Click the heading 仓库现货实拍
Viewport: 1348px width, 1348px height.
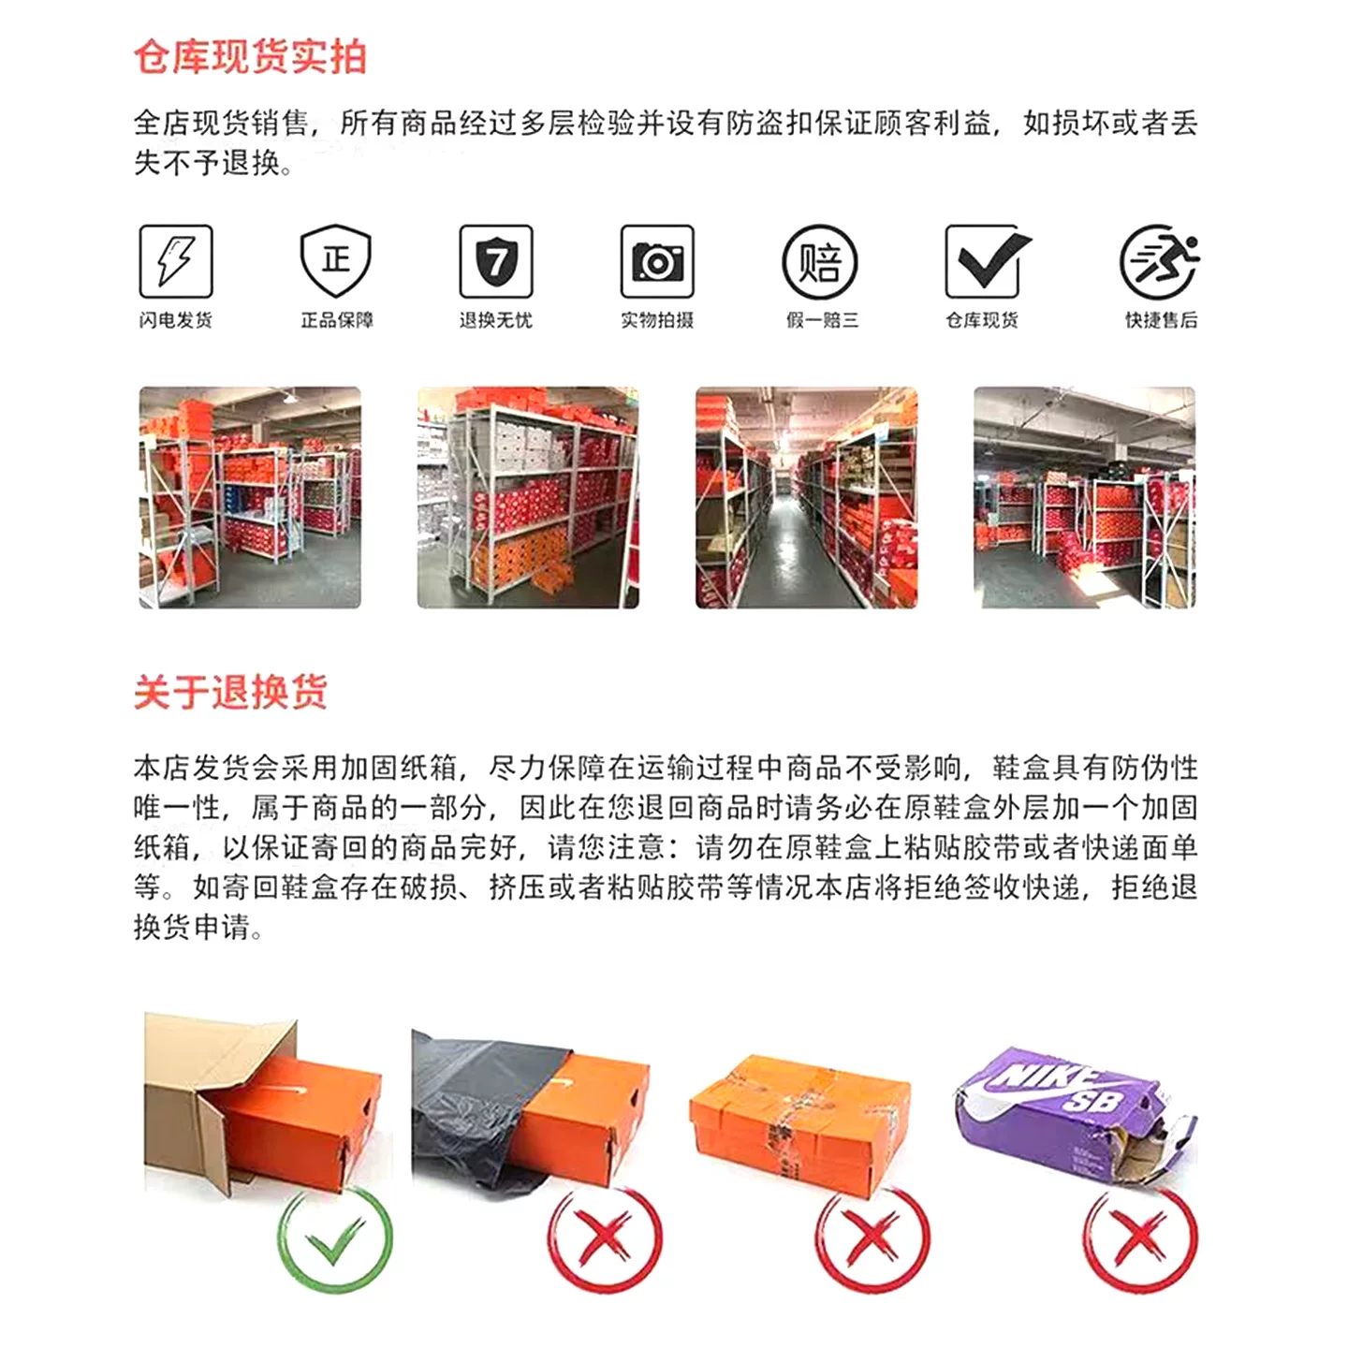click(x=251, y=57)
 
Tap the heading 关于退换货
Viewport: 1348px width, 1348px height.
click(x=231, y=692)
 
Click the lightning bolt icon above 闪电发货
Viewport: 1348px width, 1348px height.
click(x=176, y=261)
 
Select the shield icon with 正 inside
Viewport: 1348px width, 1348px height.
click(x=336, y=261)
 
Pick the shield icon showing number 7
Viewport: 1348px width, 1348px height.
click(x=496, y=261)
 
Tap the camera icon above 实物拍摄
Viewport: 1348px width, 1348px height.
click(x=657, y=261)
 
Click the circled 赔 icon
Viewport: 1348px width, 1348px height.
click(x=820, y=262)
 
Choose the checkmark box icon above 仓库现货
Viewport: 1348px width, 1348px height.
click(x=987, y=261)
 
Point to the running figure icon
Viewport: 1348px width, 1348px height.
click(x=1159, y=261)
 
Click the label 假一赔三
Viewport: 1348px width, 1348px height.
click(x=822, y=320)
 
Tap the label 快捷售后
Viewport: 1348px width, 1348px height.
click(x=1161, y=320)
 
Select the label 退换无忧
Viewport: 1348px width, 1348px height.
click(x=496, y=320)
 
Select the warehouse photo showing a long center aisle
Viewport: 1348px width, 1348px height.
click(x=806, y=497)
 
